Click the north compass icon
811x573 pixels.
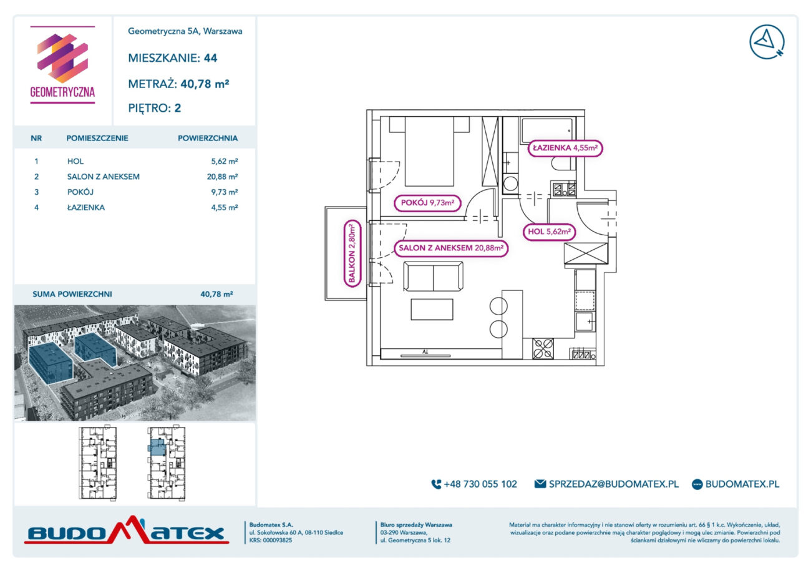pyautogui.click(x=767, y=42)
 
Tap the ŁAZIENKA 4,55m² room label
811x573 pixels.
pyautogui.click(x=565, y=148)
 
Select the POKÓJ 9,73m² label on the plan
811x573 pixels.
pyautogui.click(x=427, y=203)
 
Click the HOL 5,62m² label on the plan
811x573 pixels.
pyautogui.click(x=549, y=232)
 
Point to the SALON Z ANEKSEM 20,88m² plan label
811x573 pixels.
pyautogui.click(x=451, y=248)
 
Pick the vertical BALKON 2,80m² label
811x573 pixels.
pyautogui.click(x=352, y=253)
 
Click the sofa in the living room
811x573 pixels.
pyautogui.click(x=433, y=277)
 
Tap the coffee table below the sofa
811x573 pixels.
pyautogui.click(x=432, y=310)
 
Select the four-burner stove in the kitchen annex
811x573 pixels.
pyautogui.click(x=543, y=348)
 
